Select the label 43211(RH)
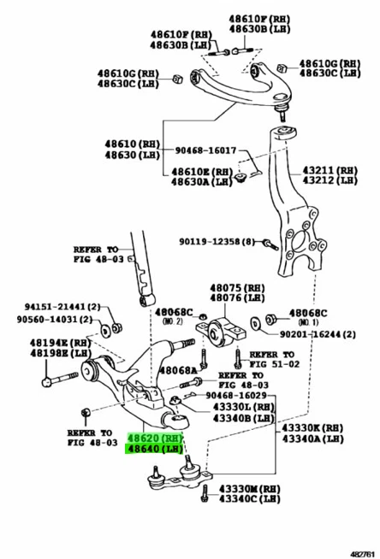point(324,169)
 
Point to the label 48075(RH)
point(232,288)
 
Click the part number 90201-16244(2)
point(312,334)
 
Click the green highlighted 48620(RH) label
point(153,436)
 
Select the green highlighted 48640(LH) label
point(153,448)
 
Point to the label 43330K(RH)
point(313,427)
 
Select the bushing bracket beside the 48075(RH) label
point(222,330)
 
